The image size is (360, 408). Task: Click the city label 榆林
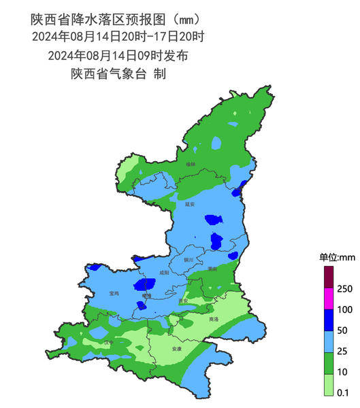(x=191, y=165)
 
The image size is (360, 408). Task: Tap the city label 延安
(x=190, y=203)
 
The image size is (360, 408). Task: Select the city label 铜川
(x=189, y=260)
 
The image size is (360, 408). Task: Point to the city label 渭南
(x=212, y=269)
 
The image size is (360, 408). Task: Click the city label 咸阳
(x=163, y=273)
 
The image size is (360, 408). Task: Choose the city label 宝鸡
(x=114, y=293)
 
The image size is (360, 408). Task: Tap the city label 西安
(x=182, y=301)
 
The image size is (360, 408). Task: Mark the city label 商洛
(x=214, y=319)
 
